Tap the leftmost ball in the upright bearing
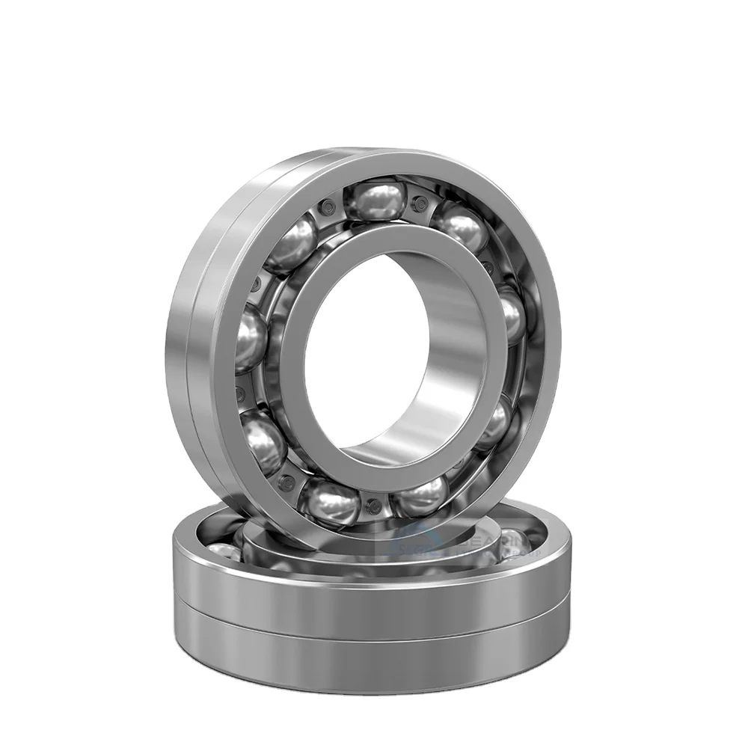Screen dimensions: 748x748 [x=251, y=340]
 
